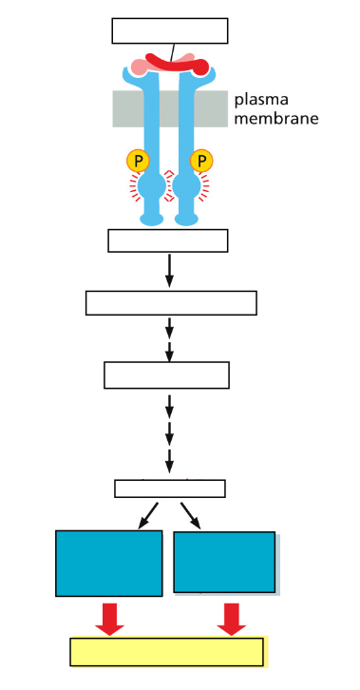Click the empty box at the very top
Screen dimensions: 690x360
pyautogui.click(x=170, y=30)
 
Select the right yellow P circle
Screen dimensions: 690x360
pyautogui.click(x=200, y=161)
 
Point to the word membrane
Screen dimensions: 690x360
pyautogui.click(x=275, y=119)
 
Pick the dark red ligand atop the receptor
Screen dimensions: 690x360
pyautogui.click(x=180, y=65)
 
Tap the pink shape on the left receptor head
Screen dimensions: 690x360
pyautogui.click(x=139, y=67)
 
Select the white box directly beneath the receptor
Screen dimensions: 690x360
pyautogui.click(x=168, y=240)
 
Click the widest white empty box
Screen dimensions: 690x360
pyautogui.click(x=171, y=302)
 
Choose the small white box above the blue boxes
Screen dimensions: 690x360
pyautogui.click(x=170, y=489)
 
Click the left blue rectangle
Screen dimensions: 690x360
pyautogui.click(x=108, y=563)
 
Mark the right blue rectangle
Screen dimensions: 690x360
pyautogui.click(x=225, y=563)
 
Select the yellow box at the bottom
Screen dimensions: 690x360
pyautogui.click(x=168, y=652)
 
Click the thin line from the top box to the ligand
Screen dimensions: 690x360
pyautogui.click(x=173, y=51)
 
